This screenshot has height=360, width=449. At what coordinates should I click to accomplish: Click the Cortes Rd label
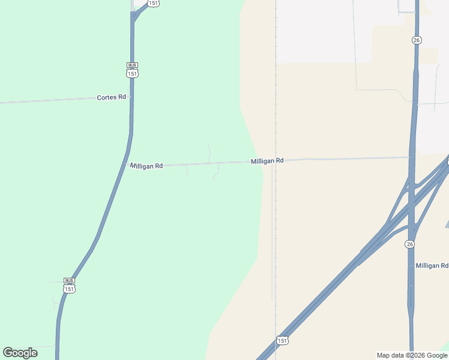click(112, 97)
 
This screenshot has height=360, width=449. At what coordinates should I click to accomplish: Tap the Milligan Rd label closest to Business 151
click(146, 166)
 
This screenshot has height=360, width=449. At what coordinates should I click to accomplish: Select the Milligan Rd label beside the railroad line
click(267, 161)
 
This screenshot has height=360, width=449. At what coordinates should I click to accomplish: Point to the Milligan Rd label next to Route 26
click(432, 265)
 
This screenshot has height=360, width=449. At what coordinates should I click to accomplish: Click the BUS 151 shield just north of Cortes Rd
click(133, 70)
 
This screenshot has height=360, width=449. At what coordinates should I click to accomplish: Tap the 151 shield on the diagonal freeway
click(282, 340)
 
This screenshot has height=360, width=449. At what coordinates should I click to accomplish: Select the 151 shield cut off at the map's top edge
click(154, 3)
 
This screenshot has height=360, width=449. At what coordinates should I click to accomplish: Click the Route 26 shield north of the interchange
click(417, 40)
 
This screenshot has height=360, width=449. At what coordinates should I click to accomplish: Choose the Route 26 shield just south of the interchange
click(409, 244)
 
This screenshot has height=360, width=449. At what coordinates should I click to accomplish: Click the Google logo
click(20, 353)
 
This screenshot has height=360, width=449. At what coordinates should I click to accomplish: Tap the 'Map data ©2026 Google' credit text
click(411, 355)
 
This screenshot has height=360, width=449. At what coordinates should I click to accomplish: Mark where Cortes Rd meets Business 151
click(131, 96)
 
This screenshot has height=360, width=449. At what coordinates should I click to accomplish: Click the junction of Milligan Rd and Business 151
click(126, 165)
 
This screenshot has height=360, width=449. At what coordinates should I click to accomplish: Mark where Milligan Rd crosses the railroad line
click(276, 161)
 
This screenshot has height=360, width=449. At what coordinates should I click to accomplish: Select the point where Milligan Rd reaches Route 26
click(412, 158)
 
